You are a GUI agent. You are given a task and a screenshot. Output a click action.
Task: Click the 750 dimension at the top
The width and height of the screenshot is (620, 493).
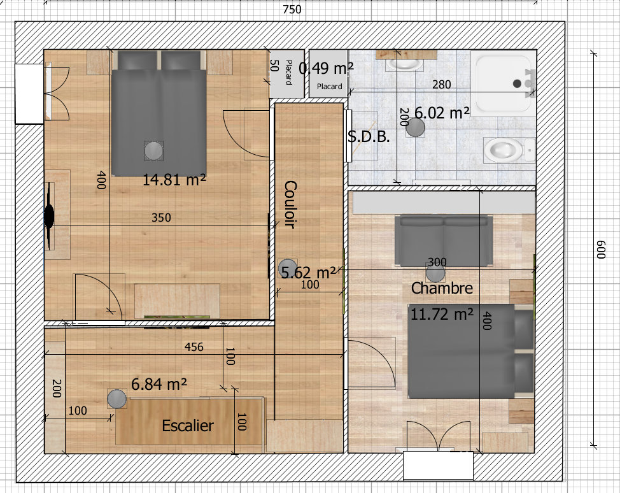tap(292, 9)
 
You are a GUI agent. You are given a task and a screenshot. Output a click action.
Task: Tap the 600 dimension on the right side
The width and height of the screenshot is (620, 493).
tap(601, 249)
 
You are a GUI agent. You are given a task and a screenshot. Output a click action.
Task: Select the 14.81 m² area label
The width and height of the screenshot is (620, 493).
tap(174, 180)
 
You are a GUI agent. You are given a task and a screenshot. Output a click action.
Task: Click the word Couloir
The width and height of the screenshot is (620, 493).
tap(290, 204)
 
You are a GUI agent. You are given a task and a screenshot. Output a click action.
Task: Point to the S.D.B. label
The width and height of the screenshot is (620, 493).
tap(369, 136)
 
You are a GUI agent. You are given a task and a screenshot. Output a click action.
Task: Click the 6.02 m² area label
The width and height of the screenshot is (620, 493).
tap(442, 113)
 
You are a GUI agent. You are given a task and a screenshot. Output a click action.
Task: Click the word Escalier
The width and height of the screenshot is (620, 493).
tap(188, 425)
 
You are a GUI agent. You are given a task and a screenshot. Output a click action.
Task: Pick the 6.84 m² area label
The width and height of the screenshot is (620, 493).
tap(159, 384)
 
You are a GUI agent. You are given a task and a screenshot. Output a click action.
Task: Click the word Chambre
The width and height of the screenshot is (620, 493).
tap(442, 288)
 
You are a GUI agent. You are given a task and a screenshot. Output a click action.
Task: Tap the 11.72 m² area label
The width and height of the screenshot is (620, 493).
tap(442, 314)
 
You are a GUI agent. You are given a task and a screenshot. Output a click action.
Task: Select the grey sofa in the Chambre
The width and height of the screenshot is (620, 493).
tap(444, 240)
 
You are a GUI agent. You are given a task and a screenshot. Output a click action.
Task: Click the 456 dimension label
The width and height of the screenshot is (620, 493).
tap(194, 347)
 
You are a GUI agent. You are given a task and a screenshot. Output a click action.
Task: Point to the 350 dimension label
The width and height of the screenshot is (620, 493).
tap(161, 218)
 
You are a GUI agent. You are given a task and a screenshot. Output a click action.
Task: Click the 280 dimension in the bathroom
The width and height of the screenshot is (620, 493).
tap(441, 85)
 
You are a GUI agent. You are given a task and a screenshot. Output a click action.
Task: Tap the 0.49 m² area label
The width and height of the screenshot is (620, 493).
tap(326, 68)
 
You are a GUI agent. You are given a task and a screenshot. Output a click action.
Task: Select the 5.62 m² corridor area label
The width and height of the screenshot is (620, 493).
tap(309, 272)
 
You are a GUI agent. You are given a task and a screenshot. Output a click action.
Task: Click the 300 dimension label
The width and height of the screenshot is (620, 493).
tap(437, 262)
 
